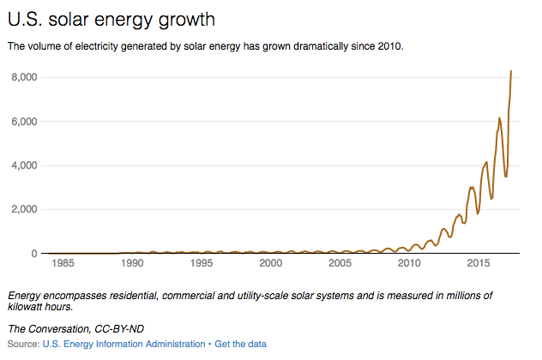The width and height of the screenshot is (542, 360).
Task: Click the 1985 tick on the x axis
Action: click(x=63, y=265)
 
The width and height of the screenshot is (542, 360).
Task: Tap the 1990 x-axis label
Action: click(x=132, y=265)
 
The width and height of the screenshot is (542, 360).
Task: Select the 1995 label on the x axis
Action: click(x=202, y=265)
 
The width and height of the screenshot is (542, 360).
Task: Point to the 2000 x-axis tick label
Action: click(x=271, y=265)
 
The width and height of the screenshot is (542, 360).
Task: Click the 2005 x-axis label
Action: click(x=340, y=265)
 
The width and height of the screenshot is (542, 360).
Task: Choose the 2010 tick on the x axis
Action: click(x=410, y=265)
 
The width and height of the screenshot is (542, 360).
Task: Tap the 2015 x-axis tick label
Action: click(x=479, y=265)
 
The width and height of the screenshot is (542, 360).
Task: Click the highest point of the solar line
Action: click(x=511, y=71)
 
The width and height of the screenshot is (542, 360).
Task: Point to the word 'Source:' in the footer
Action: click(x=23, y=344)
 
